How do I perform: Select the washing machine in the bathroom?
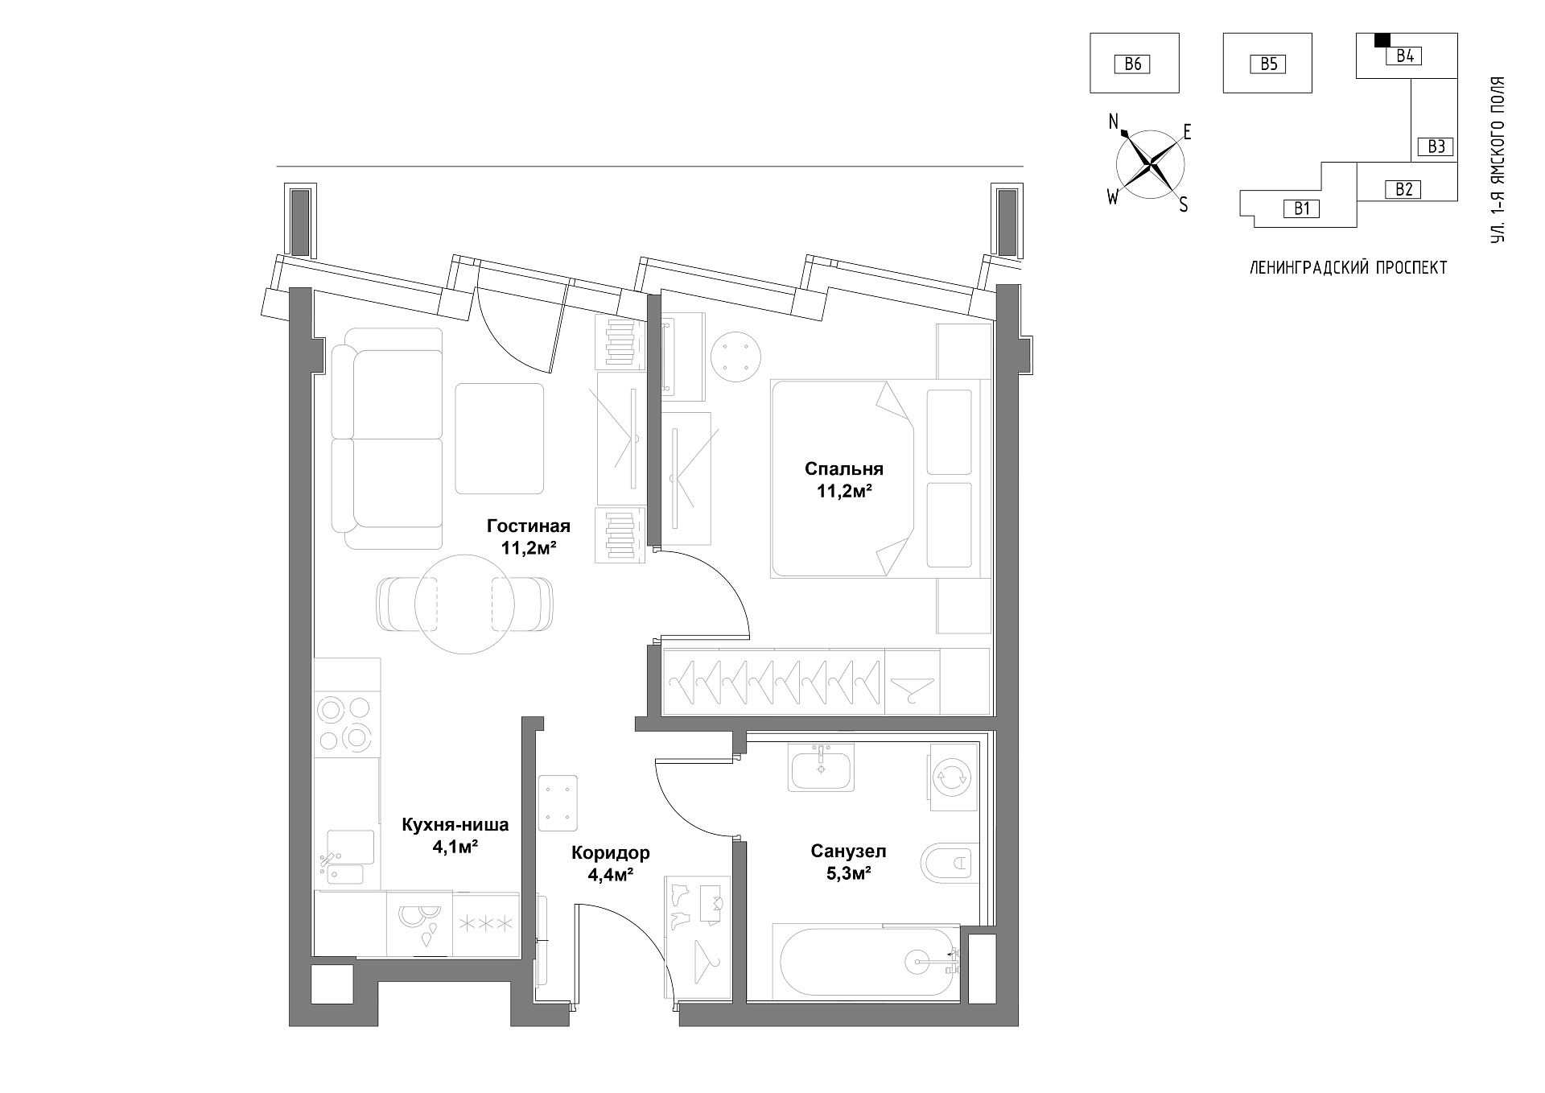tap(954, 777)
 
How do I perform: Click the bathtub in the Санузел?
tap(866, 961)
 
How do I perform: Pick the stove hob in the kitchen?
tap(346, 723)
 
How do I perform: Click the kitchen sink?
tap(348, 860)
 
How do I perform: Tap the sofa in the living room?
tap(388, 439)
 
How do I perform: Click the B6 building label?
tap(1133, 64)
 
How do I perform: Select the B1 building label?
tap(1301, 209)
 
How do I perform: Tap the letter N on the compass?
tap(1114, 122)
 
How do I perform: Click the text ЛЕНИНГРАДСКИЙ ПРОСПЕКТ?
tap(1348, 268)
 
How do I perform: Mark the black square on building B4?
tap(1382, 39)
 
